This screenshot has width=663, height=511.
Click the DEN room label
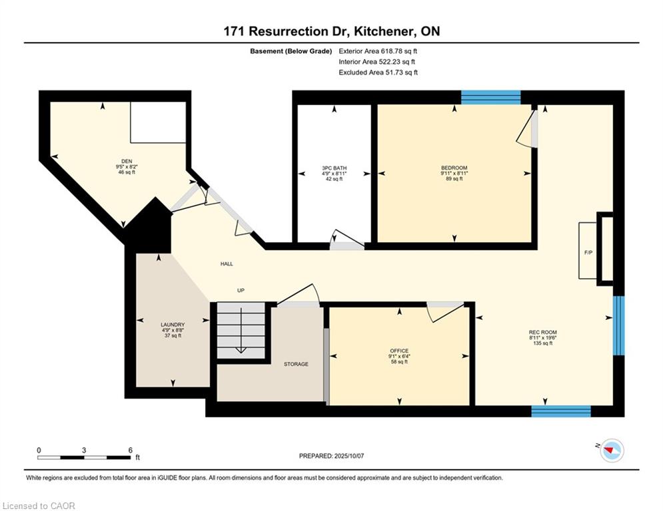tap(127, 161)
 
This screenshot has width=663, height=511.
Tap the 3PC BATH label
tap(334, 168)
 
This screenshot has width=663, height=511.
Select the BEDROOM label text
tap(454, 168)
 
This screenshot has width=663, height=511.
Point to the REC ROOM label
tap(543, 333)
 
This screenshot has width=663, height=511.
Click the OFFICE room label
tap(399, 351)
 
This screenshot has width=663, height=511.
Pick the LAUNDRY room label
tap(173, 325)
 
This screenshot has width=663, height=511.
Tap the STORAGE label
tap(296, 364)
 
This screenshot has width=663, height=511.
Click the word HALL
tap(227, 264)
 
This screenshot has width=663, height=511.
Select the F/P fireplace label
tap(588, 253)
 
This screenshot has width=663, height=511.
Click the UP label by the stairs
tap(241, 291)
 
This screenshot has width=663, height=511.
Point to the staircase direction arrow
tap(241, 330)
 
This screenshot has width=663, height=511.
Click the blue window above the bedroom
tap(490, 98)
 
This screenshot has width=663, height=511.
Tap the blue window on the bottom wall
tap(560, 411)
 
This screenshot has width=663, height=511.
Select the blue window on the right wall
tap(618, 325)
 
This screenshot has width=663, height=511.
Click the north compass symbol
tap(612, 450)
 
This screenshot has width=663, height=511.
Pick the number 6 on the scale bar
tap(130, 450)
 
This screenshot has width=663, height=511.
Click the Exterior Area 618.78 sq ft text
tap(378, 51)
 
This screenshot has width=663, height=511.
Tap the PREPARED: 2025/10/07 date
tap(332, 456)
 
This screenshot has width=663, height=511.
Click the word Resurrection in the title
tap(289, 31)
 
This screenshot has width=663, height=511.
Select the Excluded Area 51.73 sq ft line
tap(378, 73)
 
